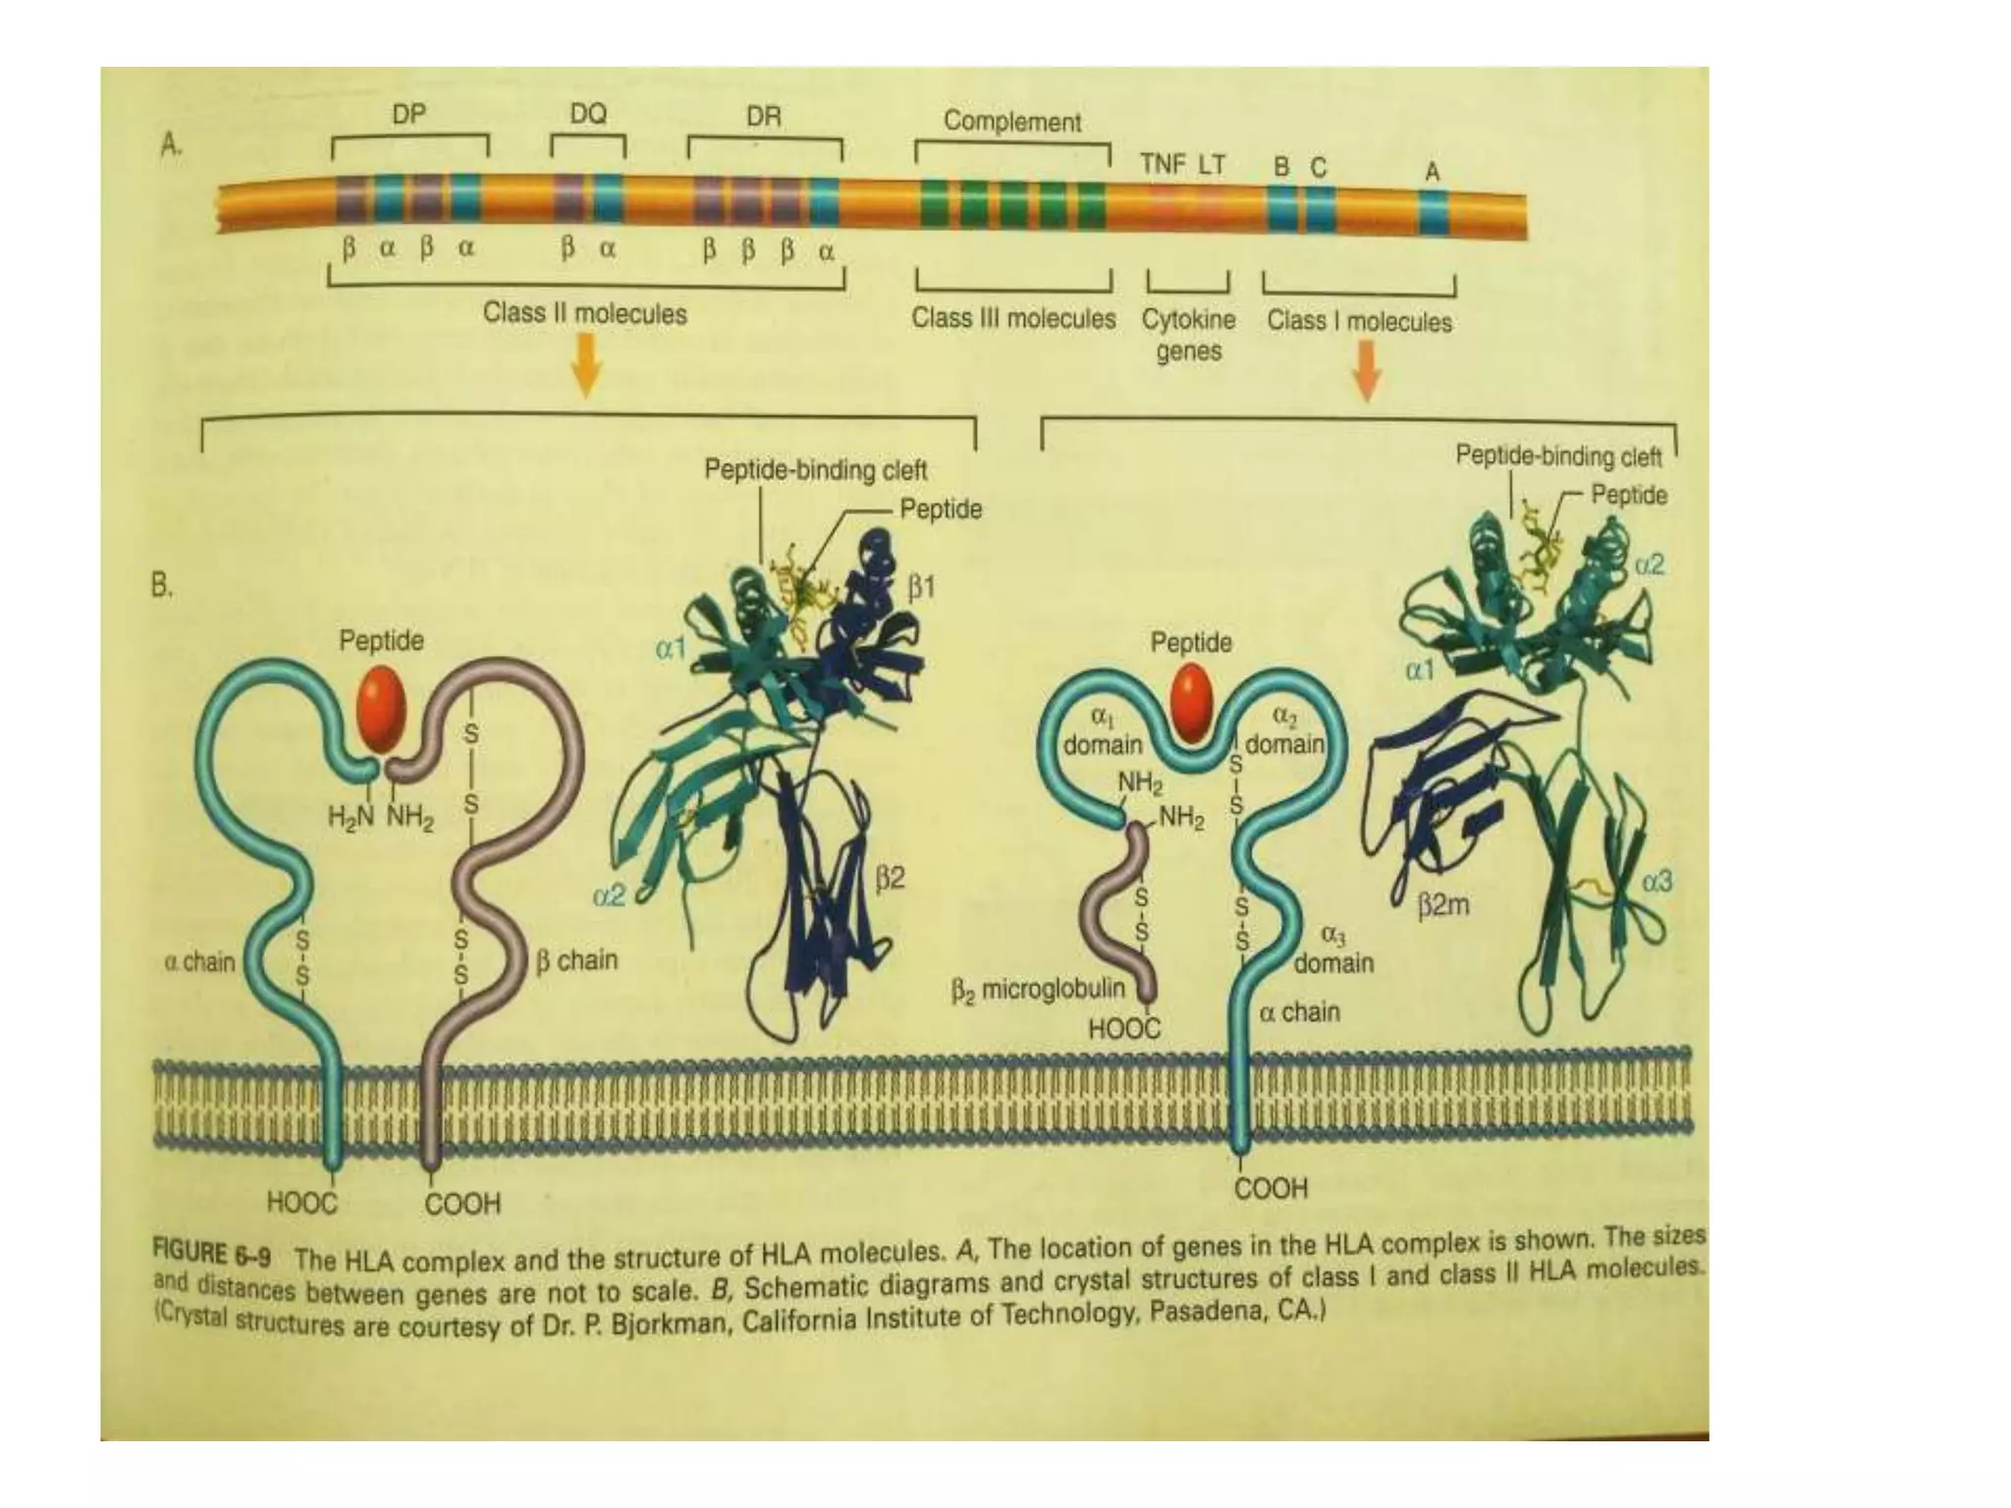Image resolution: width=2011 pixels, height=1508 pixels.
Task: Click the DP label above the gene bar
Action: [x=408, y=115]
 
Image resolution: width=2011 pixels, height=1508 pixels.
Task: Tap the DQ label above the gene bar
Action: [x=588, y=114]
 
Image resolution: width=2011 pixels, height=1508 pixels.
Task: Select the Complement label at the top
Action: [x=1011, y=122]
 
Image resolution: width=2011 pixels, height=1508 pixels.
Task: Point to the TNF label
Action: [x=1163, y=165]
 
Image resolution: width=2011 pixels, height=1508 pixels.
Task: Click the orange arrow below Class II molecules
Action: [x=585, y=368]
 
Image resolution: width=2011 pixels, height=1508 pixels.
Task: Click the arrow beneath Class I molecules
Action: [x=1367, y=374]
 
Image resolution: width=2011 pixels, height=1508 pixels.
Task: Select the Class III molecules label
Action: [x=1013, y=319]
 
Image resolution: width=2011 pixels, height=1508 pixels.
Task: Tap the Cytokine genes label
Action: [x=1188, y=336]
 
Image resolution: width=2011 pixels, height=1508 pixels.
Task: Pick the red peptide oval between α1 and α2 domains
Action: [x=1193, y=703]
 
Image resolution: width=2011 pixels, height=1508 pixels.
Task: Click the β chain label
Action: [x=577, y=960]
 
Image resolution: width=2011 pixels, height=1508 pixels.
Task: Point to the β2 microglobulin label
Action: [x=1038, y=989]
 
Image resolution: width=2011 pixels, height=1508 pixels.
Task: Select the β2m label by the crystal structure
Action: [x=1442, y=905]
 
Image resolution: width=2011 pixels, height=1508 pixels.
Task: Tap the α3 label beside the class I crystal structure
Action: [x=1657, y=883]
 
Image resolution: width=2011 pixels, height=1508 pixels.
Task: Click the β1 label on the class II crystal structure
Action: [x=921, y=588]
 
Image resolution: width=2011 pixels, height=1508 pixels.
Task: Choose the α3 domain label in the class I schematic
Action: [x=1332, y=949]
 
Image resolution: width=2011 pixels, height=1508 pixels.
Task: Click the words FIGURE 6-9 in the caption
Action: [x=212, y=1254]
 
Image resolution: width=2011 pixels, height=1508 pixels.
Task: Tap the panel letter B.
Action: [x=162, y=586]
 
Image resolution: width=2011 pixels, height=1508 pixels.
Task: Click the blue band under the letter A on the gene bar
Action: [x=1433, y=210]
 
